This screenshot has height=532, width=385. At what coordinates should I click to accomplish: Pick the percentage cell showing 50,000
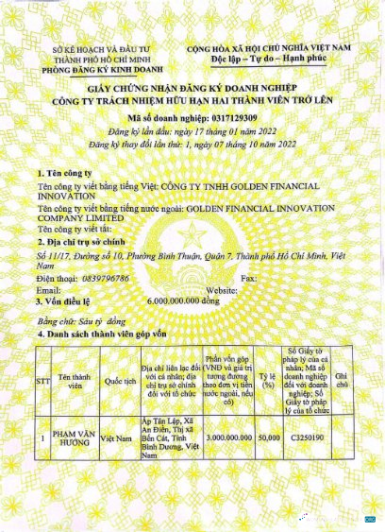[x=268, y=438]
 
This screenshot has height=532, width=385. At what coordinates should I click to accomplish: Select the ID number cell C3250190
[x=307, y=438]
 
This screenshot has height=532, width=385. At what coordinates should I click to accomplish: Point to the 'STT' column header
[x=42, y=382]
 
